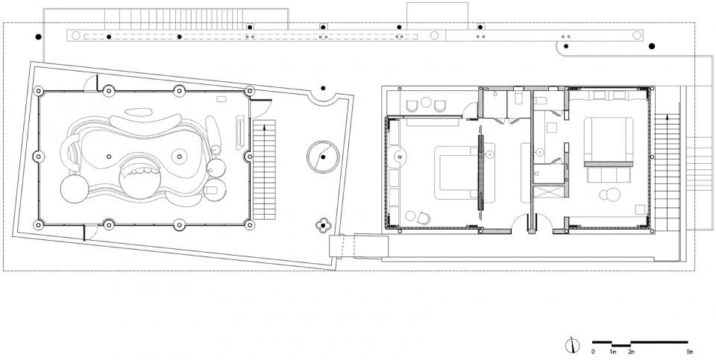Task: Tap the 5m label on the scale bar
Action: coord(690,350)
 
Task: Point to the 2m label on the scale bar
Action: coord(631,350)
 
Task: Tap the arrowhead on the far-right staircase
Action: coord(668,116)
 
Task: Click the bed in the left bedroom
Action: coord(454,173)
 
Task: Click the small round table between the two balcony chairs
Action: coord(427,103)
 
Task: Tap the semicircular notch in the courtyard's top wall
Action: coord(325,92)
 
